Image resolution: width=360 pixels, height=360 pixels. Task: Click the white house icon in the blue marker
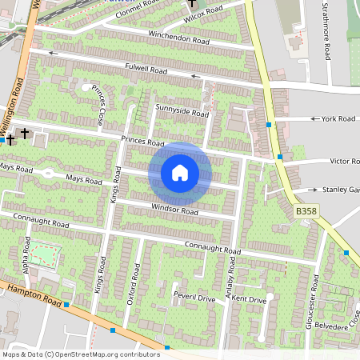click(180, 173)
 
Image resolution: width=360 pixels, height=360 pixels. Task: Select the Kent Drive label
click(250, 299)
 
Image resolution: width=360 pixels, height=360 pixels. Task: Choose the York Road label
click(337, 118)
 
